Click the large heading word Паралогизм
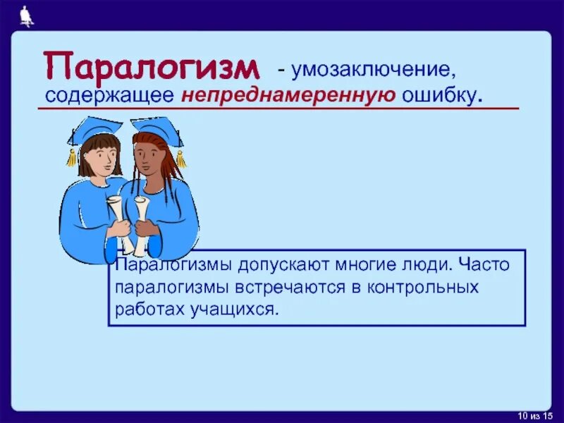(x=151, y=66)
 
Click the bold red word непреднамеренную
(x=288, y=95)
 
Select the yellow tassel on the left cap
(x=71, y=157)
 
